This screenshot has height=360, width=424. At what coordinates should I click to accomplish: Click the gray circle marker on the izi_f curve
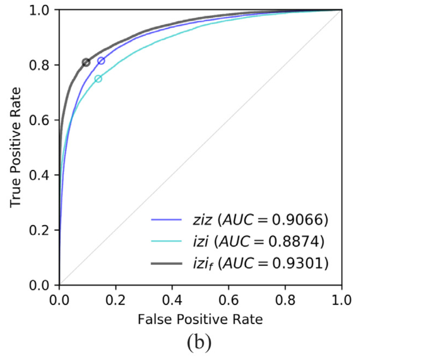[86, 62]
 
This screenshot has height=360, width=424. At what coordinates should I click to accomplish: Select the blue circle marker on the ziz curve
[101, 61]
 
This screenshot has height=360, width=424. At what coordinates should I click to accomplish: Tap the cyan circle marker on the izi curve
[98, 79]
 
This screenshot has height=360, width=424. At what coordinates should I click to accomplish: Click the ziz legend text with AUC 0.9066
[260, 220]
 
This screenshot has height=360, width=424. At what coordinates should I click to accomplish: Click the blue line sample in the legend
[166, 221]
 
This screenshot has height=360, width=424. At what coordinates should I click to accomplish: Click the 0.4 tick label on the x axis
[172, 299]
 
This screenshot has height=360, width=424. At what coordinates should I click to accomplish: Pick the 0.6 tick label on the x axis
[229, 299]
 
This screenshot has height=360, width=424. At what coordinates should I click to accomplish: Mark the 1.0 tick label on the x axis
[342, 299]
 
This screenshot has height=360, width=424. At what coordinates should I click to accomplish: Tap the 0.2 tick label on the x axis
[116, 299]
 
